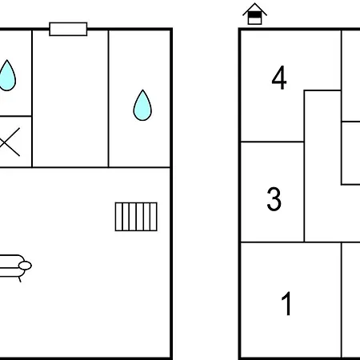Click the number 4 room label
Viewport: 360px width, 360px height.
(x=279, y=78)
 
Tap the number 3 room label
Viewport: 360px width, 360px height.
(x=274, y=199)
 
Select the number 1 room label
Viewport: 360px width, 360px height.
(x=286, y=303)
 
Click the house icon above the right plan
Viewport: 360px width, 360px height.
(x=254, y=14)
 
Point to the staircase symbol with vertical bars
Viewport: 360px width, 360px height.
(x=136, y=217)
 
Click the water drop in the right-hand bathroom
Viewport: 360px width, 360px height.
(x=142, y=105)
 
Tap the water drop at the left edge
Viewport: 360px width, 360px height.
(x=7, y=75)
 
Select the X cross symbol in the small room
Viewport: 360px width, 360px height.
(x=10, y=142)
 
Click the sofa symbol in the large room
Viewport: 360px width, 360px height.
(x=14, y=266)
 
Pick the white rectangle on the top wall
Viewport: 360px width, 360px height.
(x=68, y=29)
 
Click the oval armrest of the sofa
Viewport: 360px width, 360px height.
(x=25, y=266)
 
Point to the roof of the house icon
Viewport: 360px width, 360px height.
(x=254, y=9)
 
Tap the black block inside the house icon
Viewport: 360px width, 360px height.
(x=254, y=14)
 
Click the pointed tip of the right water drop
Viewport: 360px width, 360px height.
(x=142, y=90)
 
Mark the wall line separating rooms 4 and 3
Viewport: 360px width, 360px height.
(x=272, y=142)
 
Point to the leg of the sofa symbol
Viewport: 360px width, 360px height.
(x=19, y=279)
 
